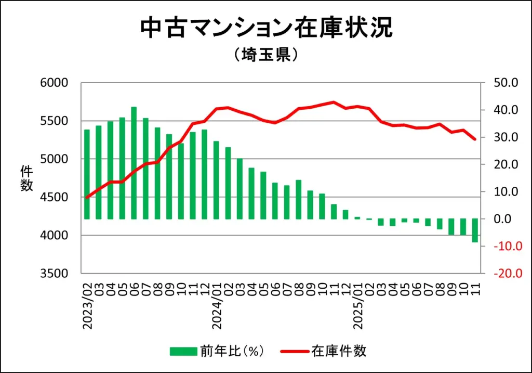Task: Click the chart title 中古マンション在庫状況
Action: (266, 29)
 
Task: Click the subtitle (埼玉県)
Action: (265, 55)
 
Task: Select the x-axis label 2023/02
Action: (87, 307)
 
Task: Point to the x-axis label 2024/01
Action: (217, 307)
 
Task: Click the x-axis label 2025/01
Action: (357, 307)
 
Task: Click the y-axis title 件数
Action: (26, 178)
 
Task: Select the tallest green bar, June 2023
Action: (134, 163)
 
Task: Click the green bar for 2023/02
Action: (87, 174)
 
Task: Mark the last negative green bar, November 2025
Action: (475, 230)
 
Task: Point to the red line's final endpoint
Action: (475, 139)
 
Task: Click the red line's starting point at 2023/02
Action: (87, 198)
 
